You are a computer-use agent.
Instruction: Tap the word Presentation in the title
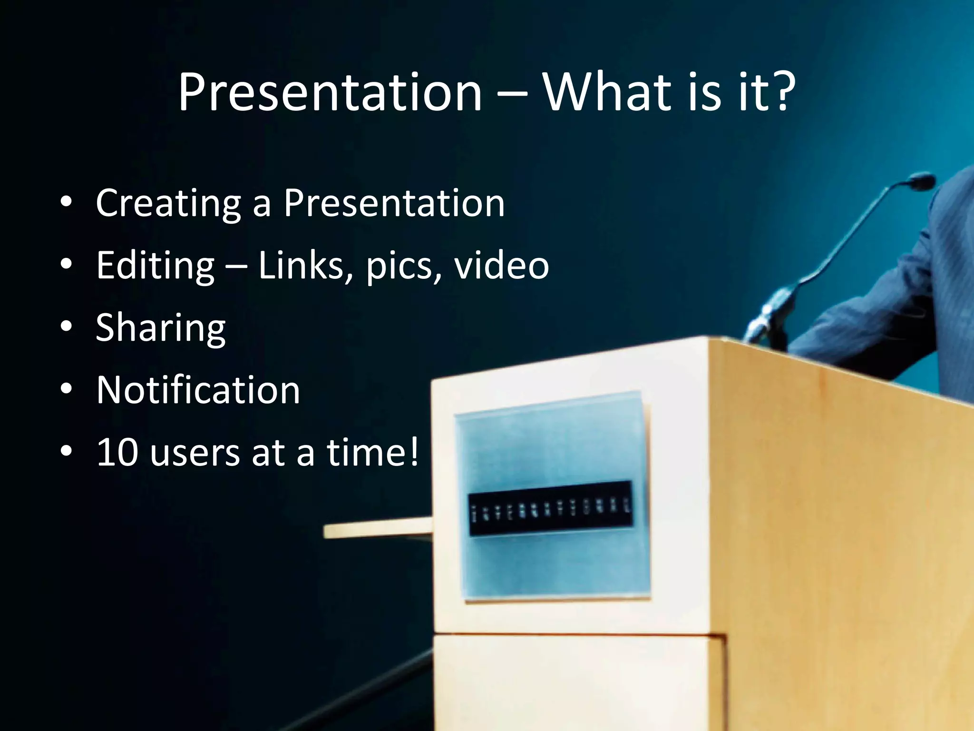pos(330,93)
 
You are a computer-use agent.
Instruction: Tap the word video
pos(501,265)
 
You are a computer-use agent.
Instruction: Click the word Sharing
pos(160,329)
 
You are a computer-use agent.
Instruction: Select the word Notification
pos(198,390)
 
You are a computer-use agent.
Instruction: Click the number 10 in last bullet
pos(117,452)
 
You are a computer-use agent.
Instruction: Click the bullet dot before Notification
pos(67,389)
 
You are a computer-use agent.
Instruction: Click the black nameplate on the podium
pos(550,508)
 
